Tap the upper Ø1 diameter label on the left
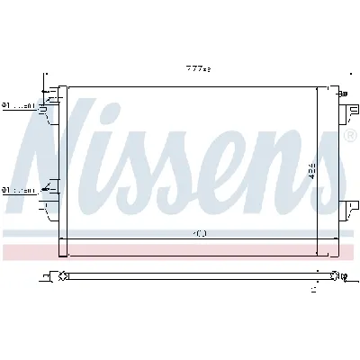(17, 106)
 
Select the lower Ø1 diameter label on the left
(17, 190)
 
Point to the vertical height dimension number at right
(312, 171)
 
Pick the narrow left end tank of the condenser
(63, 162)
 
